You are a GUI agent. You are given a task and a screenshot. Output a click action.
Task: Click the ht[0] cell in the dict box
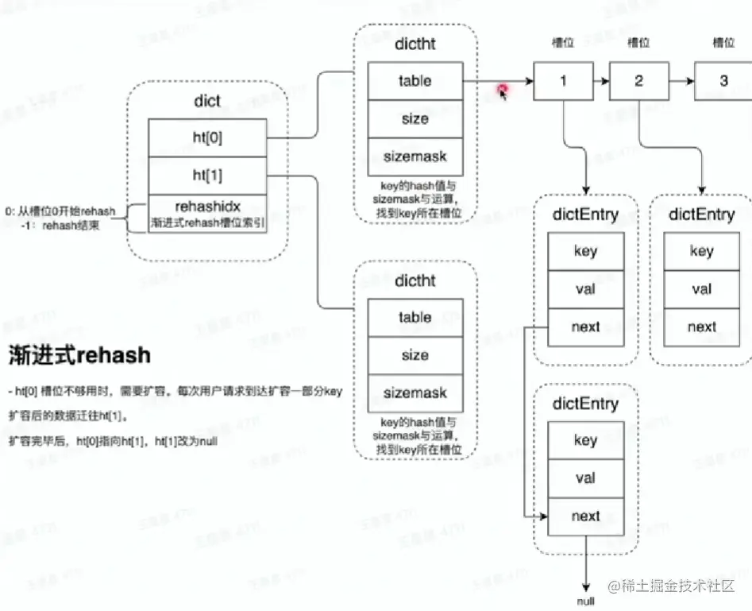coord(207,137)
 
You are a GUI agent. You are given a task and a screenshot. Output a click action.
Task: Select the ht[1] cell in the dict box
coord(207,176)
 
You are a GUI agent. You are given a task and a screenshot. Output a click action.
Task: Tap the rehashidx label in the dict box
coord(207,207)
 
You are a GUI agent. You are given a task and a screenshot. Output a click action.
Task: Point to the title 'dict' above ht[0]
coord(207,102)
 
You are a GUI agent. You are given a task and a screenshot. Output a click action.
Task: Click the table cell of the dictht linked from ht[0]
coord(415,80)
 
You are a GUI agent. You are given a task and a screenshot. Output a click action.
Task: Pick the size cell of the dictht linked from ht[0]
coord(415,118)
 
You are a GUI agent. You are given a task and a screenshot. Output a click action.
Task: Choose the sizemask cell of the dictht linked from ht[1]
coord(415,393)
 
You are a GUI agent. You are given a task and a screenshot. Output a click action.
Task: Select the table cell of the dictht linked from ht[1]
coord(415,317)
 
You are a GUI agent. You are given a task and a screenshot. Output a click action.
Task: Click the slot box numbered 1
coord(563,81)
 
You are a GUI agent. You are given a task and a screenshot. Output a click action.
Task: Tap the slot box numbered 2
coord(639,81)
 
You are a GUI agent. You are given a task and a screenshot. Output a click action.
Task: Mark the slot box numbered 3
coord(723,81)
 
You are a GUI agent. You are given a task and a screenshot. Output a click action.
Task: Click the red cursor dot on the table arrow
coord(503,90)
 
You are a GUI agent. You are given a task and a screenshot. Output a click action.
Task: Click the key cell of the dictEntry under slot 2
coord(701,251)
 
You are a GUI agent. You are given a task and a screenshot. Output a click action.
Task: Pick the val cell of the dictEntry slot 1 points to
coord(585,289)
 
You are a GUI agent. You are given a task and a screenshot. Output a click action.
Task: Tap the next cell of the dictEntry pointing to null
coord(585,516)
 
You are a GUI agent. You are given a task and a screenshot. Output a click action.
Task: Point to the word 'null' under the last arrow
coord(585,601)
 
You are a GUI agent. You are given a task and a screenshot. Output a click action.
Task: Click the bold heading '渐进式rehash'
coord(79,354)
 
